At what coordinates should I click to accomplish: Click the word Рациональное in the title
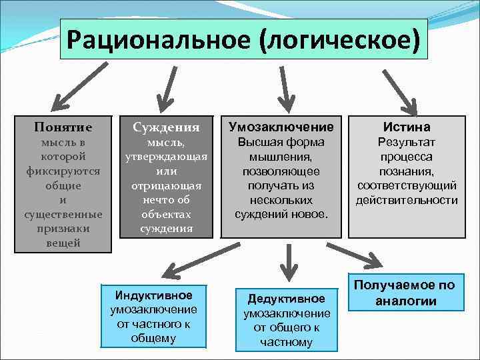pyautogui.click(x=159, y=39)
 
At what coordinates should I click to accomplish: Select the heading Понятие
pyautogui.click(x=63, y=127)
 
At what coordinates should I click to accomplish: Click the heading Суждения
pyautogui.click(x=167, y=127)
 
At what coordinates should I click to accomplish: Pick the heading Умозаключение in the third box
pyautogui.click(x=281, y=127)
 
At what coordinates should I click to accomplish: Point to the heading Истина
pyautogui.click(x=407, y=127)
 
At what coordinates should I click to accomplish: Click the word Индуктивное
pyautogui.click(x=153, y=295)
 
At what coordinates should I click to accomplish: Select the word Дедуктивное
pyautogui.click(x=287, y=299)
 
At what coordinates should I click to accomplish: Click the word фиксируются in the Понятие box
pyautogui.click(x=63, y=171)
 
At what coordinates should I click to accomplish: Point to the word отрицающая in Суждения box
pyautogui.click(x=167, y=185)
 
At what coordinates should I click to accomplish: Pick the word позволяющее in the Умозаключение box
pyautogui.click(x=281, y=171)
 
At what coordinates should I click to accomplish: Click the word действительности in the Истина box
pyautogui.click(x=407, y=200)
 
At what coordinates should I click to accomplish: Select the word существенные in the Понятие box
pyautogui.click(x=63, y=214)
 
